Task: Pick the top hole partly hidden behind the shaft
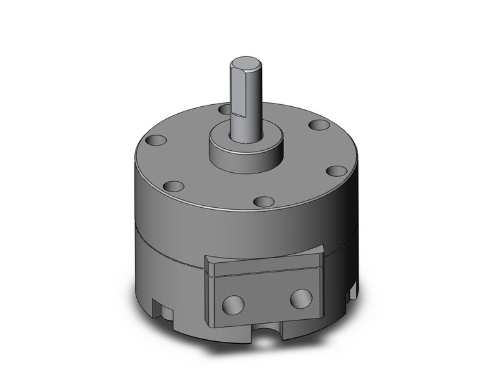(224, 109)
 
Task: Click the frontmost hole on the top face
(263, 202)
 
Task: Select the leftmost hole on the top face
(157, 139)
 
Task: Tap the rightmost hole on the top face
(336, 171)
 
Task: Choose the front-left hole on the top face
(173, 186)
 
